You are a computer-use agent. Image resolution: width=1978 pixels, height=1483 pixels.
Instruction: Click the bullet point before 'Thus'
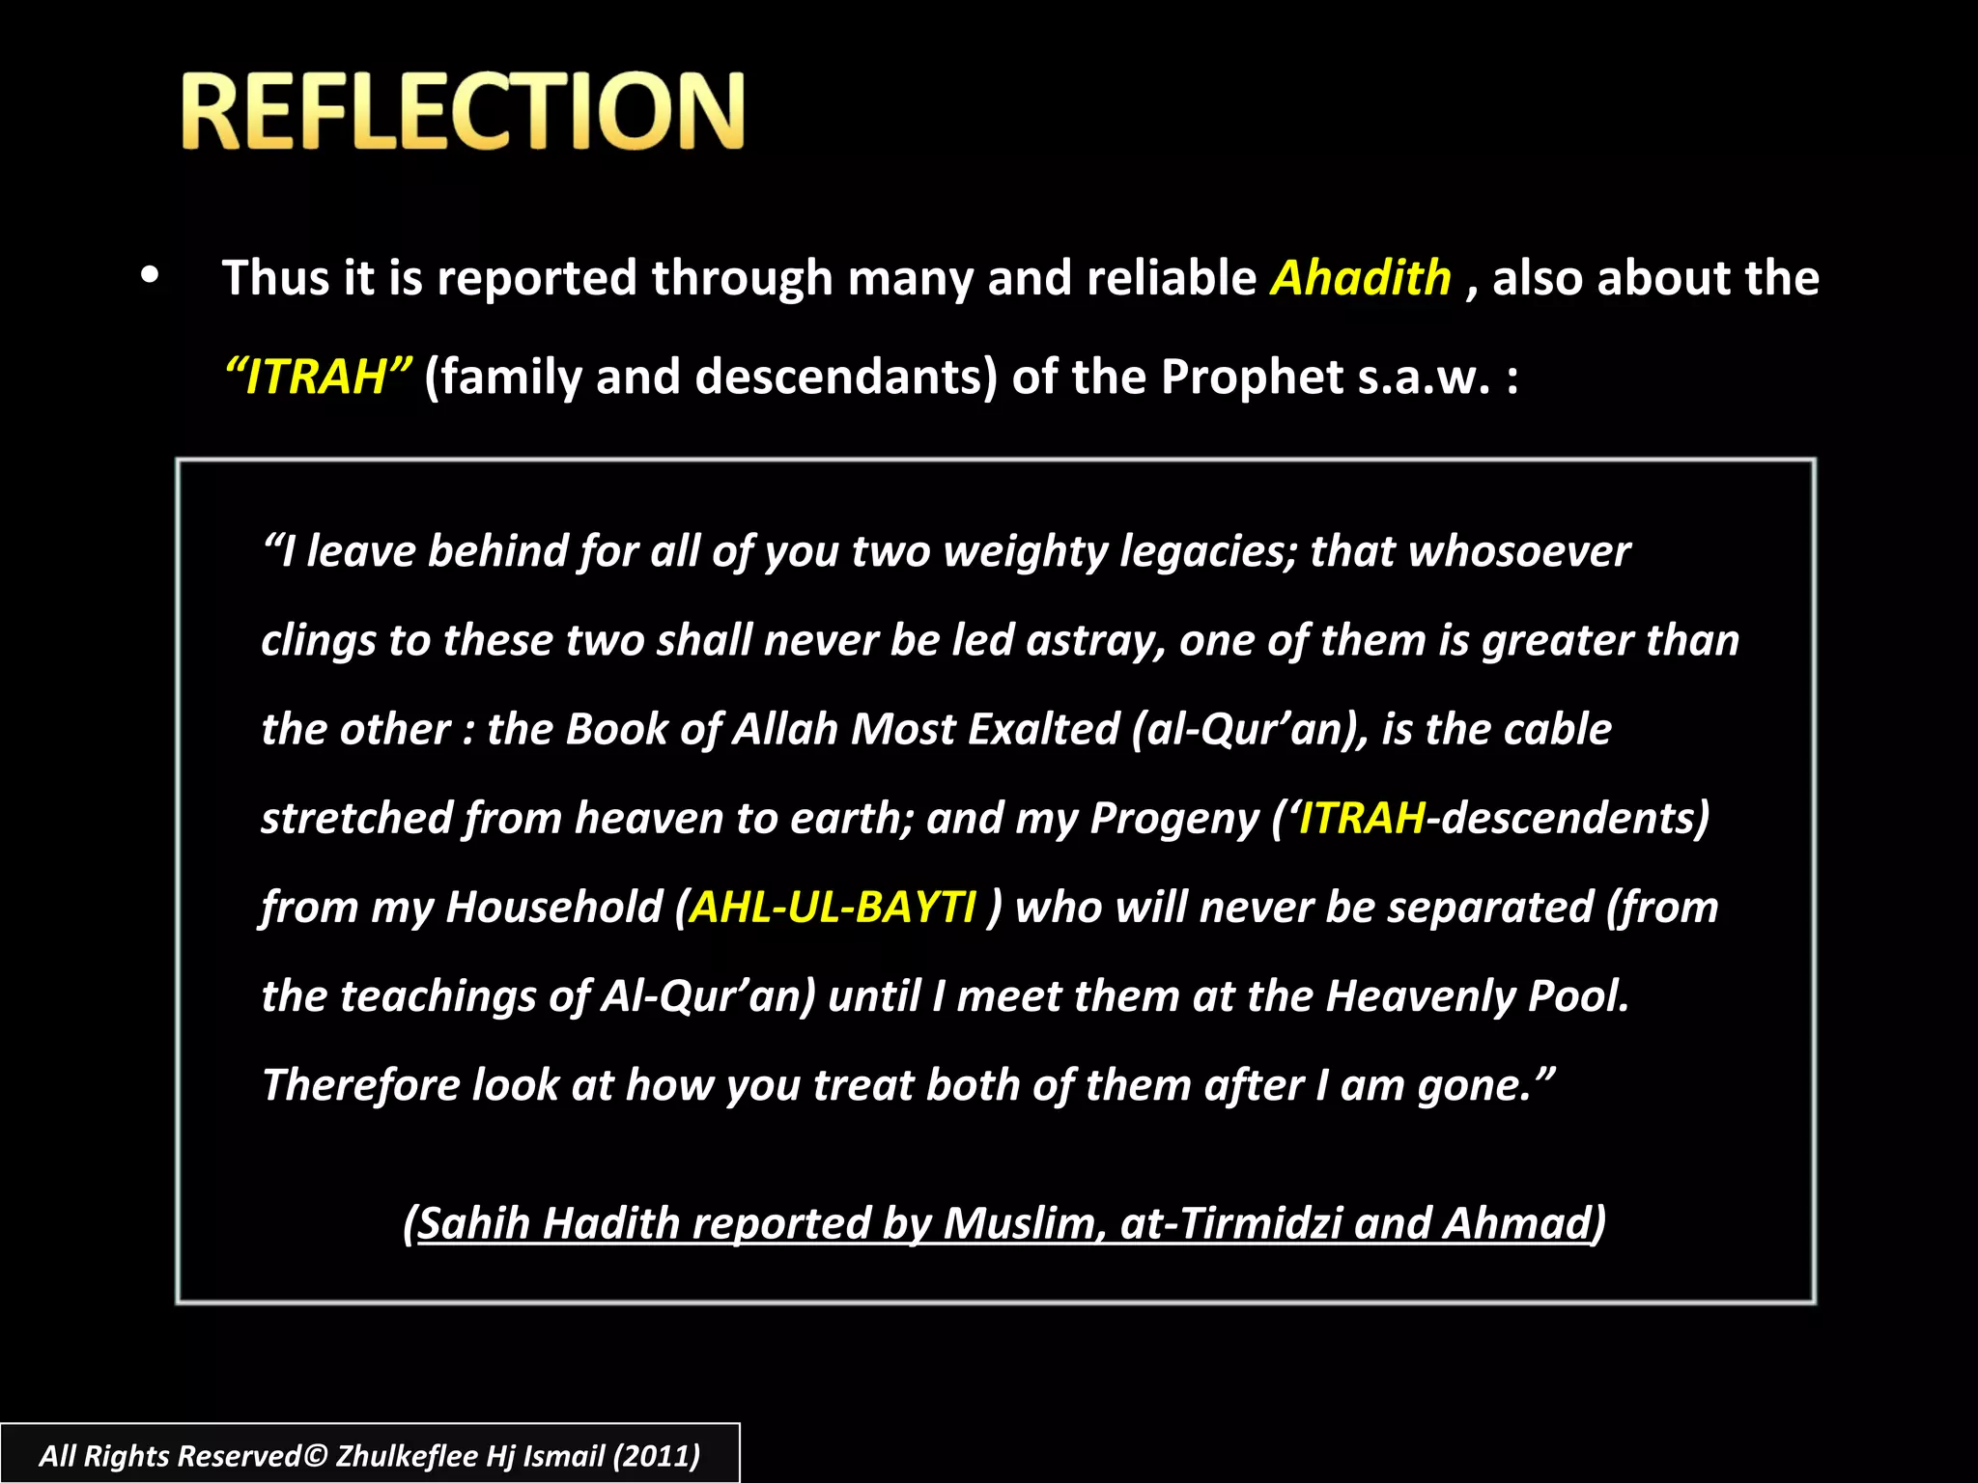(149, 276)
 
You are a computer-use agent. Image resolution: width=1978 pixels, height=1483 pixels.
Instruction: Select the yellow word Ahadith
(1360, 278)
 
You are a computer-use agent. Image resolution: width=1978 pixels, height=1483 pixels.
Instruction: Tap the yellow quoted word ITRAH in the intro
(318, 377)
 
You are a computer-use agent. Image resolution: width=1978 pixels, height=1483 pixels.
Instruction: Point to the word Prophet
(1252, 377)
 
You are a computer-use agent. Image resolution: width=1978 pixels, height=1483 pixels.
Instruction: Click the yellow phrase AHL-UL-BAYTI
(833, 908)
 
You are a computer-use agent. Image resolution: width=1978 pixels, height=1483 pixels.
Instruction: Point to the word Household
(554, 908)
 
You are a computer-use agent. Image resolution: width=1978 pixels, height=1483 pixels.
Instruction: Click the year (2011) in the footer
(657, 1456)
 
